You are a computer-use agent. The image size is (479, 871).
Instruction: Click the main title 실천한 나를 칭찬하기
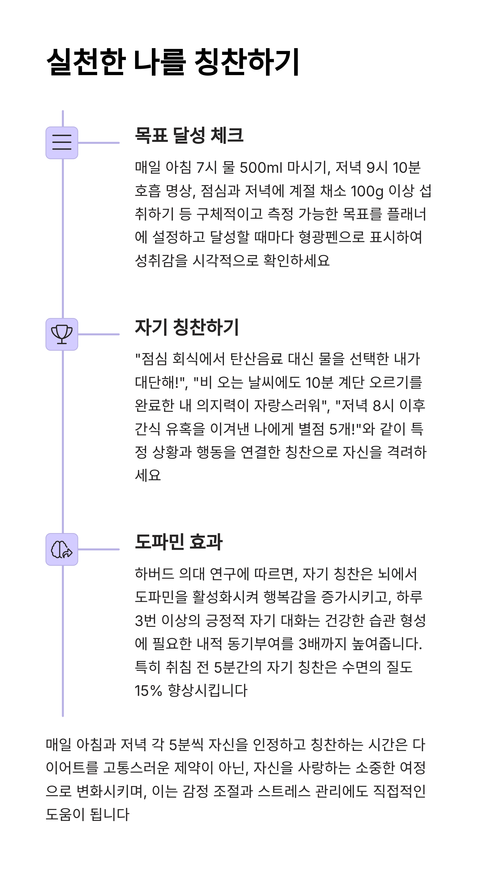(x=172, y=62)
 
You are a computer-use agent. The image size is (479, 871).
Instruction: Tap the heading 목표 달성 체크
(x=189, y=135)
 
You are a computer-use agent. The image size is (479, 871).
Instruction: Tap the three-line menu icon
(x=62, y=143)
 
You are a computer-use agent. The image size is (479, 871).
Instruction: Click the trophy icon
(x=62, y=334)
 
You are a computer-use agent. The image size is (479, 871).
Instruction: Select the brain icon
(x=62, y=549)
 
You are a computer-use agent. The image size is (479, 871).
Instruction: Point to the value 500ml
(x=260, y=167)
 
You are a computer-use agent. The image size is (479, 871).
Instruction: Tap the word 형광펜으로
(x=332, y=237)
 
